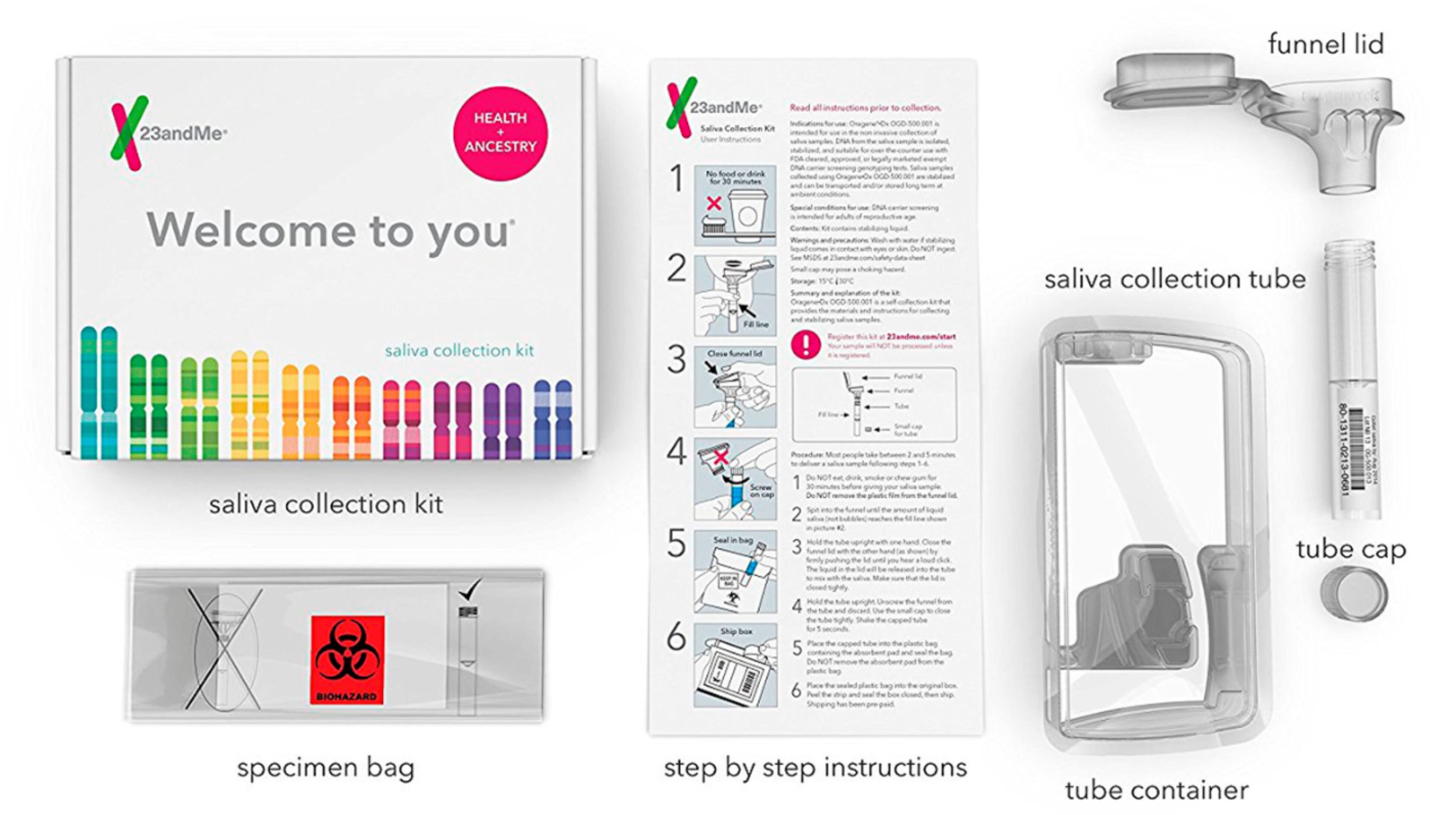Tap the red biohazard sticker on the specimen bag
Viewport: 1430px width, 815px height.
pyautogui.click(x=347, y=659)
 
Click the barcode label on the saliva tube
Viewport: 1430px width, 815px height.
pyautogui.click(x=1351, y=448)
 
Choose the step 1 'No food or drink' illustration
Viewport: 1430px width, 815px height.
pyautogui.click(x=735, y=205)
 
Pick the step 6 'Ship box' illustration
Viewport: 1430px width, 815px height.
pyautogui.click(x=735, y=665)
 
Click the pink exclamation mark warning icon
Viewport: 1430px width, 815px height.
pyautogui.click(x=805, y=345)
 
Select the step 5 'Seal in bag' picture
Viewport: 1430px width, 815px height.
pyautogui.click(x=735, y=572)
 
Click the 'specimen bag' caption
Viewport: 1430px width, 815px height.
pyautogui.click(x=325, y=767)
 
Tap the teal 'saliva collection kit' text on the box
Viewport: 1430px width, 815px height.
pyautogui.click(x=459, y=351)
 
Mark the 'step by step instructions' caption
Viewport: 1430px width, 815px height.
pyautogui.click(x=815, y=767)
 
